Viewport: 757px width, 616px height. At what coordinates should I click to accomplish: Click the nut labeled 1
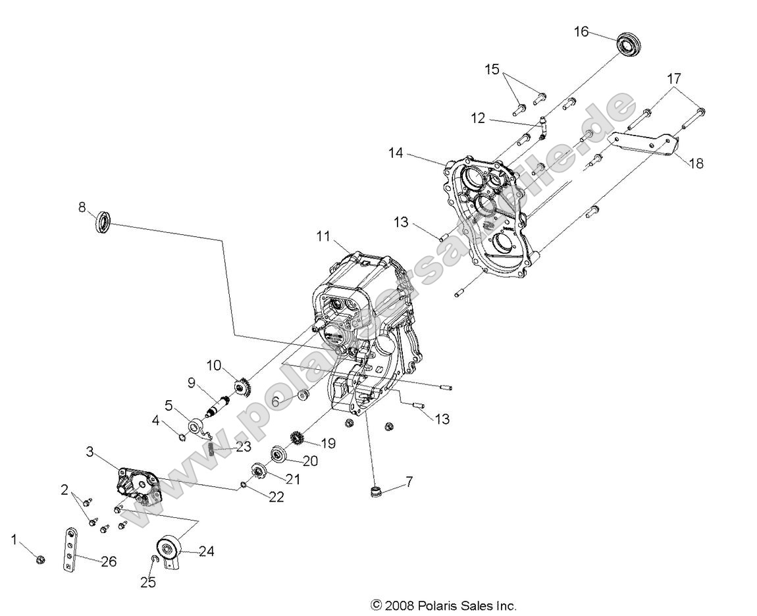[x=41, y=560]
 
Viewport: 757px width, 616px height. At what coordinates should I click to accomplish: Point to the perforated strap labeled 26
[x=68, y=550]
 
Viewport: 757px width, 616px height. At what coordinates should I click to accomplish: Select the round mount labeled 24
[x=169, y=548]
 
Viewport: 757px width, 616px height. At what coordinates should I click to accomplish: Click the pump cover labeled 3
[x=136, y=485]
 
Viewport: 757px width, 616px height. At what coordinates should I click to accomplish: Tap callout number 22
[x=276, y=497]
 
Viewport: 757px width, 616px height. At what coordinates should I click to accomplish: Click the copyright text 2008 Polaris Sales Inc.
[x=444, y=606]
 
